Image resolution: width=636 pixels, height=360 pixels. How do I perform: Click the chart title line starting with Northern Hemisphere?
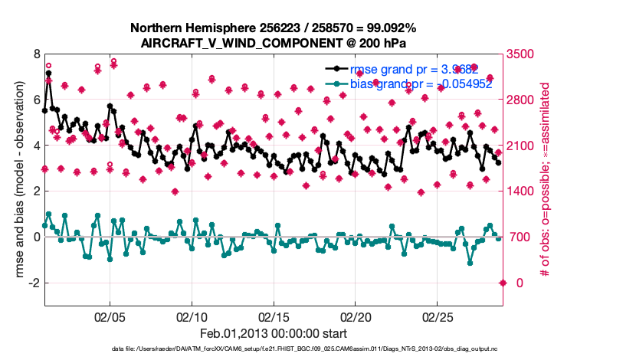click(x=274, y=29)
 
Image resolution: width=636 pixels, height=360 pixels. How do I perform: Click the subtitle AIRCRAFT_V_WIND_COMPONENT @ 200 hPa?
click(x=274, y=43)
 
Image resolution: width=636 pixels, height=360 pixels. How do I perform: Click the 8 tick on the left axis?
click(x=36, y=54)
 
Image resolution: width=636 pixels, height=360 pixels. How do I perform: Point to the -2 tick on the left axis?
click(x=33, y=283)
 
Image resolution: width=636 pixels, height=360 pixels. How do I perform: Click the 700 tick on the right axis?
click(x=516, y=237)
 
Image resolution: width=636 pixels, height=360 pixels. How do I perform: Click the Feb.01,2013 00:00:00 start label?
click(x=274, y=334)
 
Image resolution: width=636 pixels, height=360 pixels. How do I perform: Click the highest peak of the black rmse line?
click(x=48, y=74)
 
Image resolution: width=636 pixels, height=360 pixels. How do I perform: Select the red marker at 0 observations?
click(x=503, y=283)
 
